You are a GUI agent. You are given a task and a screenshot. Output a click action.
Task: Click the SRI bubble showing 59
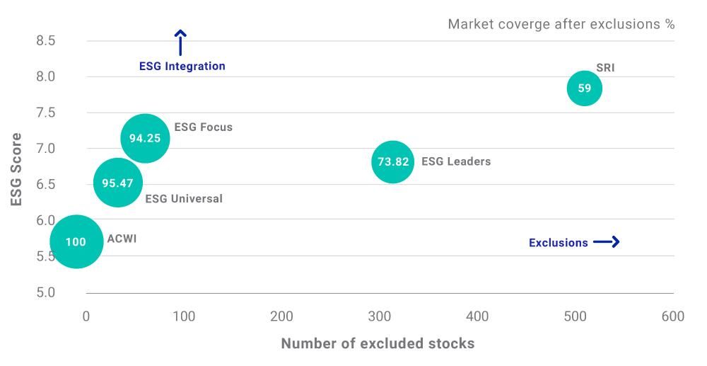(x=584, y=88)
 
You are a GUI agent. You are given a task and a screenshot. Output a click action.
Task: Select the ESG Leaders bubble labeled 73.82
(x=393, y=161)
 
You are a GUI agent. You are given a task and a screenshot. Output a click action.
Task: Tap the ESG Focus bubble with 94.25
(x=145, y=138)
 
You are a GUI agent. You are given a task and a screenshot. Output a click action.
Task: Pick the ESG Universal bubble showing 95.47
(x=117, y=183)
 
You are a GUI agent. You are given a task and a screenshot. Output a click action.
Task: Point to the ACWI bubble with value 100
(x=76, y=241)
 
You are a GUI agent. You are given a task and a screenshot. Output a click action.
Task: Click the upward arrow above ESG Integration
(x=180, y=42)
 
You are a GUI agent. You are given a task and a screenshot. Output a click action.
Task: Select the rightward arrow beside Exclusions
(x=606, y=242)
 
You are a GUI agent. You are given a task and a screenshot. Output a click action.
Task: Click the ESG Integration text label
(x=182, y=67)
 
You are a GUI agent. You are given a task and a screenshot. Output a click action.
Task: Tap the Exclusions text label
(x=558, y=243)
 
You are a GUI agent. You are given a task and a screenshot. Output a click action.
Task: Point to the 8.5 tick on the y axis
(x=45, y=40)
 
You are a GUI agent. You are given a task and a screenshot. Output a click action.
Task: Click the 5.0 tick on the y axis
(x=45, y=292)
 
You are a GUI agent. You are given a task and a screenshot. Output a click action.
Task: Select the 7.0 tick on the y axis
(x=45, y=148)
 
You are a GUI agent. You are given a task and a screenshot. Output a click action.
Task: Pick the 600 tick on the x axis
(x=672, y=316)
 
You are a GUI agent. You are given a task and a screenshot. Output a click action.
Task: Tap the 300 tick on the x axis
(x=380, y=316)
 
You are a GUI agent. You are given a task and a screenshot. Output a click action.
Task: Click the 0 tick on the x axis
(x=86, y=316)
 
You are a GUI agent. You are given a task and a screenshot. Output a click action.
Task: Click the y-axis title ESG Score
(x=17, y=169)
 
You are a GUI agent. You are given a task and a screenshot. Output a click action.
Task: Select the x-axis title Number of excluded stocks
(x=378, y=343)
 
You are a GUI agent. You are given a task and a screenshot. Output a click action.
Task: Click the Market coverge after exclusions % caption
(x=561, y=25)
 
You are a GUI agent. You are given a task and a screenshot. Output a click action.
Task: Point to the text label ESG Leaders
(x=455, y=161)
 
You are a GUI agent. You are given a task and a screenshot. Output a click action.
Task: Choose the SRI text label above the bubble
(x=605, y=69)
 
